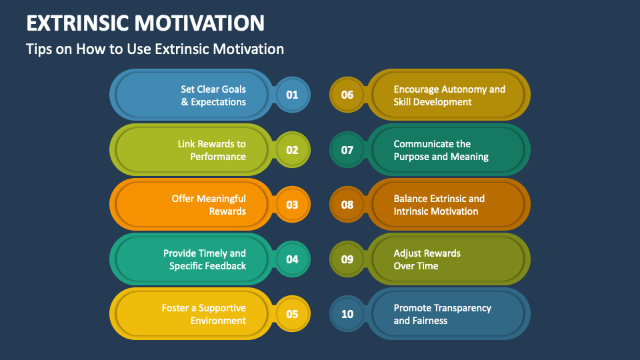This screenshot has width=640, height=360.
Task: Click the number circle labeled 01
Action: tap(292, 95)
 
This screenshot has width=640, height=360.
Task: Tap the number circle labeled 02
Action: tap(292, 150)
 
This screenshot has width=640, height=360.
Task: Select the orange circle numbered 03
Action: tap(292, 205)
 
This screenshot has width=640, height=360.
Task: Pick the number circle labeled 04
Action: tap(292, 259)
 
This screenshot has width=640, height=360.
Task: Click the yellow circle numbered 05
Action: tap(292, 314)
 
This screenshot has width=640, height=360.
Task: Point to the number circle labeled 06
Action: tap(347, 95)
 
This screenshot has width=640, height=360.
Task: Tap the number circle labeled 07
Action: tap(347, 150)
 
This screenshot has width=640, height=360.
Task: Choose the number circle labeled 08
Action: tap(347, 205)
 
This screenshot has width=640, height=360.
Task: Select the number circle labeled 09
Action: tap(347, 259)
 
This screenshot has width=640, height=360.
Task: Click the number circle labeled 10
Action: tap(347, 314)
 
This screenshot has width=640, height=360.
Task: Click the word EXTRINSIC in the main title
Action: tap(77, 23)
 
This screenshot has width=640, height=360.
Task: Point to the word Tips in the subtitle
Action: tap(37, 49)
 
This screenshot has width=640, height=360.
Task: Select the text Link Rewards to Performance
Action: tap(212, 150)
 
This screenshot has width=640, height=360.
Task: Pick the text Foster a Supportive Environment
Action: tap(204, 314)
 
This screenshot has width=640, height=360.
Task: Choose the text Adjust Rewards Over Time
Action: tap(427, 259)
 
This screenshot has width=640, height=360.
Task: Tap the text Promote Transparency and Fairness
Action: tap(442, 314)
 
